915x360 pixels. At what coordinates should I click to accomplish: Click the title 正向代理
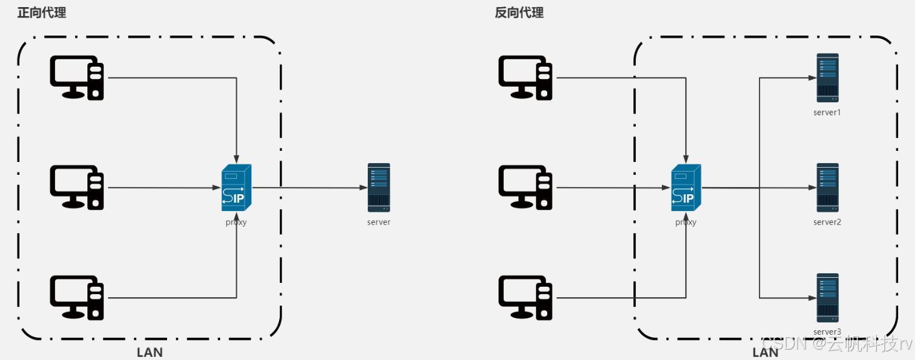click(x=41, y=12)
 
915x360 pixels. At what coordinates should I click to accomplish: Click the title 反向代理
click(x=519, y=12)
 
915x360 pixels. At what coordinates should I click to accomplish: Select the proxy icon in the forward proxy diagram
click(x=236, y=188)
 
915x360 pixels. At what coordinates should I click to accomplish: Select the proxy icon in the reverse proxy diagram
click(x=686, y=188)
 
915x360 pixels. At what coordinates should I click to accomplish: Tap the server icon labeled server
click(x=379, y=188)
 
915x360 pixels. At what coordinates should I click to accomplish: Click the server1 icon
click(x=828, y=78)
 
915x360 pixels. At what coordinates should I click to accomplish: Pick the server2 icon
click(x=828, y=188)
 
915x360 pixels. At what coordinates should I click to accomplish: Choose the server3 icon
click(x=828, y=298)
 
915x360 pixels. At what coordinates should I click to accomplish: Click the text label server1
click(x=827, y=112)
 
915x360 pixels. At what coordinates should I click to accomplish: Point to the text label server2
click(x=827, y=222)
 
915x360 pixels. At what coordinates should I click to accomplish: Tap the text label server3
click(x=827, y=332)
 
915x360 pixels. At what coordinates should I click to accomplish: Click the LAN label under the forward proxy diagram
click(x=150, y=352)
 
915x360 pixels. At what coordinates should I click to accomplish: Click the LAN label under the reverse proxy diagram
click(x=765, y=352)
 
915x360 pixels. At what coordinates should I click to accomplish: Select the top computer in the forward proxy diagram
click(x=77, y=78)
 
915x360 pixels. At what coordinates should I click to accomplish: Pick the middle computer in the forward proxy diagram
click(x=77, y=188)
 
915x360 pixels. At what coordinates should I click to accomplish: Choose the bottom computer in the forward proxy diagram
click(x=77, y=298)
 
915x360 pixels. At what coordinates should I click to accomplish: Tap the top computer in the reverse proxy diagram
click(x=525, y=78)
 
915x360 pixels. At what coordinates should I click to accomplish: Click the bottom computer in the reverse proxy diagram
click(x=525, y=298)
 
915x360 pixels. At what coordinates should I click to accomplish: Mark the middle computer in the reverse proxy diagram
click(x=525, y=188)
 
